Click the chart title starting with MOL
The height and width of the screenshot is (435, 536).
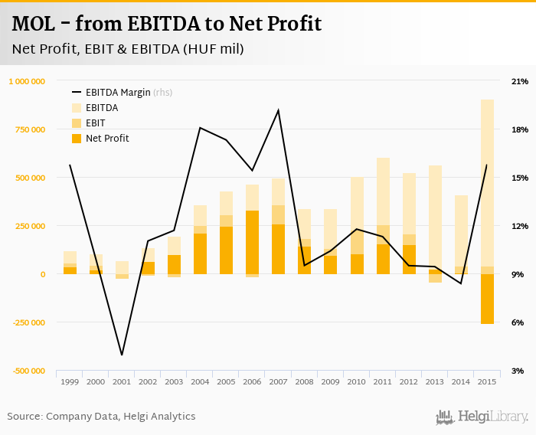[x=166, y=24]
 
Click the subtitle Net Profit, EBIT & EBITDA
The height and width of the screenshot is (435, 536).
[x=128, y=49]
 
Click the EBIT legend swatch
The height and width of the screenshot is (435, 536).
[x=77, y=123]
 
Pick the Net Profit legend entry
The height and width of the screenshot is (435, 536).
[x=107, y=139]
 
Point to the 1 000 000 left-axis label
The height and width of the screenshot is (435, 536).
[x=27, y=81]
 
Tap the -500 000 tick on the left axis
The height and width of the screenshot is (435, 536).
[x=28, y=371]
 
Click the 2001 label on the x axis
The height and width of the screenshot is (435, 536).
[x=122, y=381]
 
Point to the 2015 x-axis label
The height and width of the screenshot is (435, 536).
[x=487, y=381]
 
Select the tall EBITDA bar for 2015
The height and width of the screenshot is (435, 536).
[x=487, y=184]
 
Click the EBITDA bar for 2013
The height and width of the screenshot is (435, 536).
[x=435, y=214]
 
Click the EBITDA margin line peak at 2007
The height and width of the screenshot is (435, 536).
[x=278, y=110]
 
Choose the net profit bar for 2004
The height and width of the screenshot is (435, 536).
[x=200, y=253]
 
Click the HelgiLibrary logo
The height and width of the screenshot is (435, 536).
[x=482, y=417]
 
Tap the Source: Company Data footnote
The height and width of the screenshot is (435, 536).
[x=101, y=417]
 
